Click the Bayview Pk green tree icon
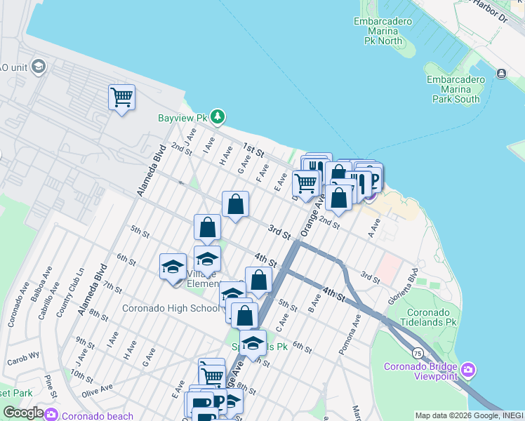[218, 116]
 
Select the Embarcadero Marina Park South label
[456, 89]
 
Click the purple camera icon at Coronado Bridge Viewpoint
[470, 369]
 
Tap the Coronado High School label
[170, 308]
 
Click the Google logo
[23, 413]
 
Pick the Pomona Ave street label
[357, 329]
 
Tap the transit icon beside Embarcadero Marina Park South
[501, 74]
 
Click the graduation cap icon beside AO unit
[38, 67]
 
